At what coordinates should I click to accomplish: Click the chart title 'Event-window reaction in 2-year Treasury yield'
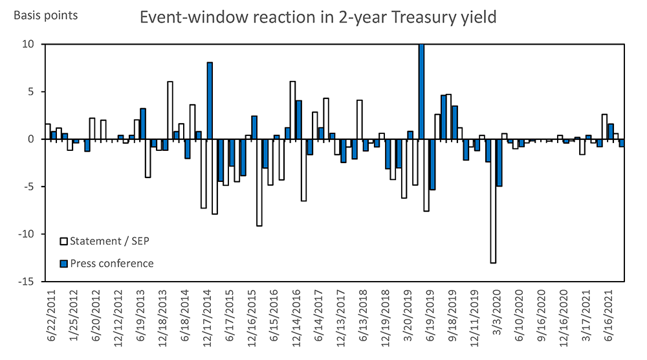point(318,17)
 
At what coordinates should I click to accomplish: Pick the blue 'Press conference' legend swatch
point(63,264)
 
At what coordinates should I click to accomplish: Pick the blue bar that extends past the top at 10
point(421,91)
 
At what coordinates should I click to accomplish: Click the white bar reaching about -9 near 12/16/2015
point(259,182)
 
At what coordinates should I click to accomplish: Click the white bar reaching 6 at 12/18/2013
point(170,110)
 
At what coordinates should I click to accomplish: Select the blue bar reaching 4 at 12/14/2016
point(298,120)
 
